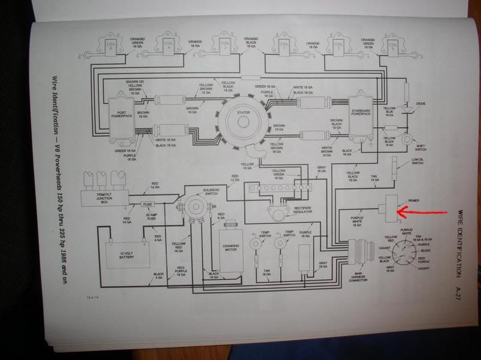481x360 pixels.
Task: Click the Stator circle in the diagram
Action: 243,120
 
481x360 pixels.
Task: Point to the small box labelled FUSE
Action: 149,205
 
